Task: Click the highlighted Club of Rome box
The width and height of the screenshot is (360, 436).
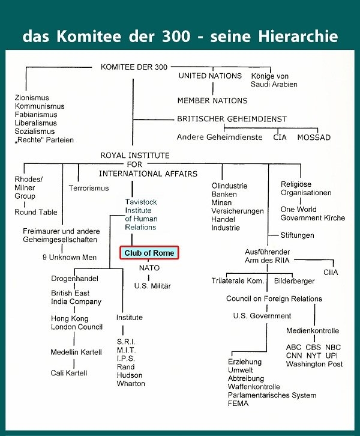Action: [x=149, y=253]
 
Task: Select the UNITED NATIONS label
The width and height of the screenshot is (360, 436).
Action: [x=210, y=76]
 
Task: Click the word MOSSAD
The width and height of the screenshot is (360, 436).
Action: [x=314, y=137]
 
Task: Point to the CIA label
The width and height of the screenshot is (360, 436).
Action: [x=281, y=137]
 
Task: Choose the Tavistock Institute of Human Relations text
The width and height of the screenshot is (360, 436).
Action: [x=141, y=214]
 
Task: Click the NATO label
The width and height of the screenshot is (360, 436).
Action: [x=149, y=268]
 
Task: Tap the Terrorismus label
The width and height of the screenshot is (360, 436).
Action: [x=89, y=188]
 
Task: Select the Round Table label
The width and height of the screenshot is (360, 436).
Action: [x=36, y=212]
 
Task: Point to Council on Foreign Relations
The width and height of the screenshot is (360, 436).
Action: [x=274, y=298]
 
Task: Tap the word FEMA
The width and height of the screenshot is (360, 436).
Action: [x=239, y=404]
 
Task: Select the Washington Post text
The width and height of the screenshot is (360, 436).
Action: [x=314, y=364]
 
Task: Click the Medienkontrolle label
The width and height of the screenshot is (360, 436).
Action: [x=313, y=330]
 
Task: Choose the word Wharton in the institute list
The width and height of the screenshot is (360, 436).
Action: [x=131, y=383]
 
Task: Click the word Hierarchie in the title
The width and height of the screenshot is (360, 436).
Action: [x=300, y=37]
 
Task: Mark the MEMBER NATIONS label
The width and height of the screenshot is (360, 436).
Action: [x=212, y=100]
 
